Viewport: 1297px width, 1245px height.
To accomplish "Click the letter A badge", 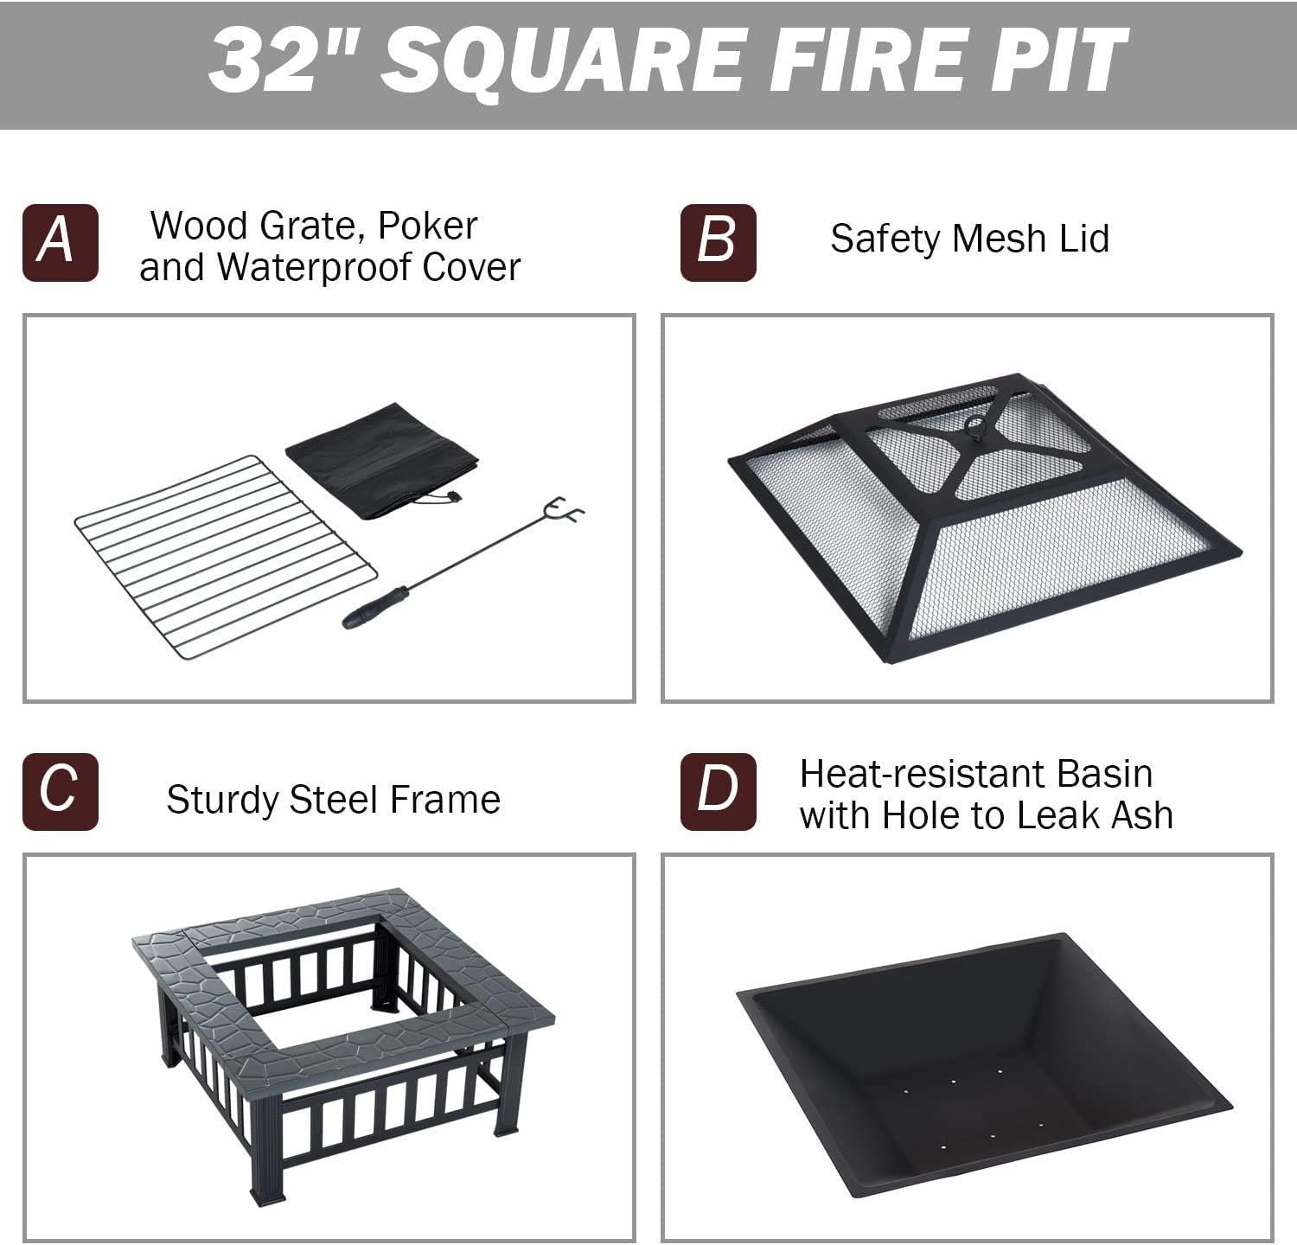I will point(61,243).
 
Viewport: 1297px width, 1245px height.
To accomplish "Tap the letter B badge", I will point(718,243).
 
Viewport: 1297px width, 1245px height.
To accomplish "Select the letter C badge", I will point(61,792).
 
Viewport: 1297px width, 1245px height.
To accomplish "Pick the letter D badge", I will point(718,792).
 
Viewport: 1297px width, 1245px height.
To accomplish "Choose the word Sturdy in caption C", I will point(223,800).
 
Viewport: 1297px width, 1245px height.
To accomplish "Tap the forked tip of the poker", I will point(567,510).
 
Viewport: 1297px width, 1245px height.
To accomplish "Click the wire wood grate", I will point(225,558).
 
